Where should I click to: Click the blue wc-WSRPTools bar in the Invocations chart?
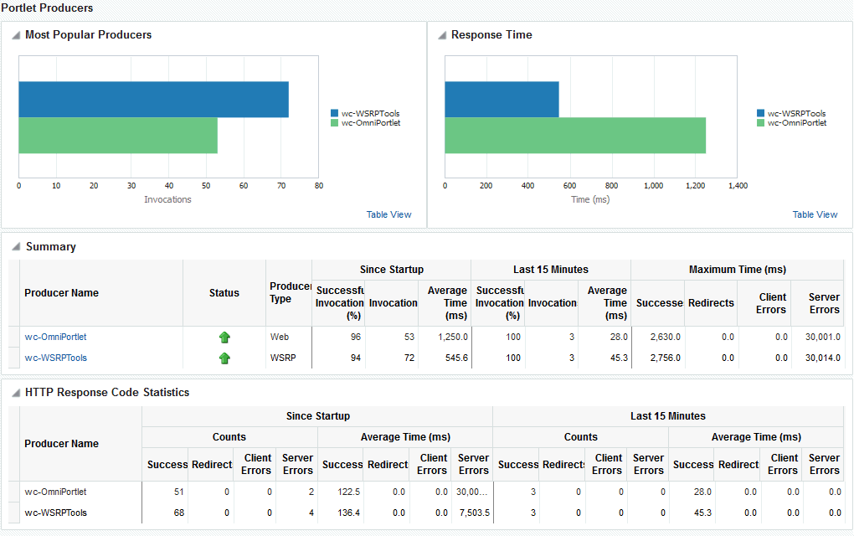click(x=153, y=99)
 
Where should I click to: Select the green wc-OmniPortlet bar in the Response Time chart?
click(x=574, y=136)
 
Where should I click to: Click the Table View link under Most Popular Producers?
click(x=388, y=214)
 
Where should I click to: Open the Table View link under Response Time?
click(x=815, y=214)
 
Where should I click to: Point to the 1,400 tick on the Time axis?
click(x=737, y=186)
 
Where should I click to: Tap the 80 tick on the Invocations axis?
click(x=318, y=186)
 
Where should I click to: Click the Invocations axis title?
click(x=167, y=199)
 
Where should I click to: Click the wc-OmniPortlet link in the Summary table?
click(x=55, y=337)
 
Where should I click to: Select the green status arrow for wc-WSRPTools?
click(x=224, y=358)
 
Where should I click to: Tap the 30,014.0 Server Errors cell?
click(x=822, y=358)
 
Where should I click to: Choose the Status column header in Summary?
click(x=224, y=293)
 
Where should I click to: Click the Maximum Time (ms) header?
click(x=737, y=270)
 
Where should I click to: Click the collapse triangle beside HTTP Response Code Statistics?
click(x=16, y=393)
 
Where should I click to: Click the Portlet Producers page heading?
click(x=47, y=8)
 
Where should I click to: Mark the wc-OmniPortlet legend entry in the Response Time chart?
click(x=796, y=123)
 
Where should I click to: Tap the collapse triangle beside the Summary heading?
click(x=16, y=247)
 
